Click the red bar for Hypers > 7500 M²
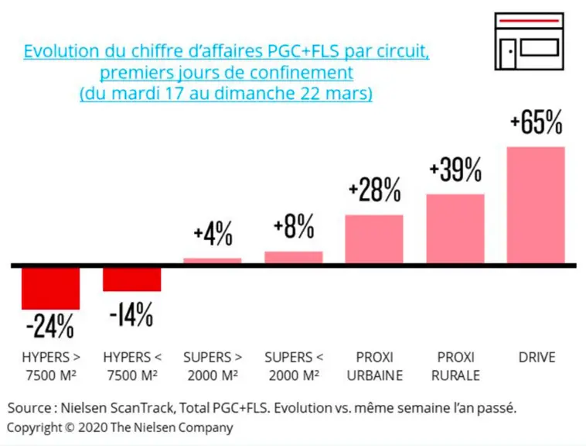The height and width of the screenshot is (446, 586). (x=51, y=289)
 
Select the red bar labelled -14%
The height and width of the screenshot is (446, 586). (x=132, y=280)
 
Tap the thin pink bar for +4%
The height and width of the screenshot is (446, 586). (x=213, y=260)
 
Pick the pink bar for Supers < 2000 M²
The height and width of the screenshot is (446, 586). (x=294, y=257)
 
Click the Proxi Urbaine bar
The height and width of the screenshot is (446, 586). (x=374, y=239)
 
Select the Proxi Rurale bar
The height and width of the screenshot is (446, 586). (x=455, y=228)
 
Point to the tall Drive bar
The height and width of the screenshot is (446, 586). (x=536, y=205)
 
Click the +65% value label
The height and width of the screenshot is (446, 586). (x=537, y=122)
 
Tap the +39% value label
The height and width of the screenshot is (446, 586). (x=455, y=170)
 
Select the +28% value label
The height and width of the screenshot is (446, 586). (x=374, y=190)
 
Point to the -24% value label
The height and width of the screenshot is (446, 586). (x=50, y=326)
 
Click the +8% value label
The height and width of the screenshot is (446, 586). (x=294, y=226)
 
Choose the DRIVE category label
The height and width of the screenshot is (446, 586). (x=537, y=357)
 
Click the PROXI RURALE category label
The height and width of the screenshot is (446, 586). (x=455, y=366)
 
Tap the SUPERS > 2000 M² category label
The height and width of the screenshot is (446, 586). (x=213, y=366)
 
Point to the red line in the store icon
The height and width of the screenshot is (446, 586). (x=529, y=22)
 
